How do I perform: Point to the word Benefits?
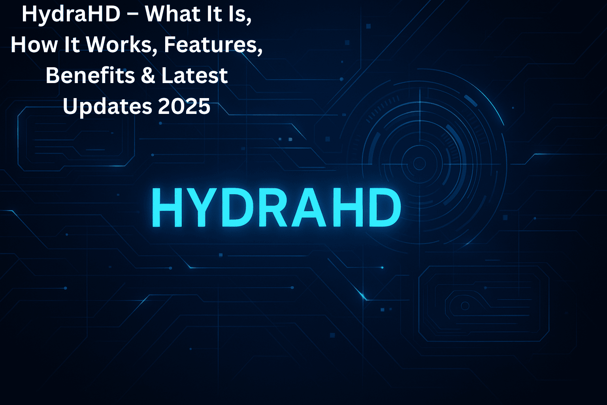coord(90,75)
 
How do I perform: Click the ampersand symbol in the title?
coord(148,76)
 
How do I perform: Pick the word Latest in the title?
coord(194,75)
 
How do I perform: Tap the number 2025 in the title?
coord(184,106)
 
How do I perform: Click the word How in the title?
coord(34,44)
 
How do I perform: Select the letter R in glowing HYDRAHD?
coord(271,207)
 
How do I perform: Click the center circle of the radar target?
coord(419,164)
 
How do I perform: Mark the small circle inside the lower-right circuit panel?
coord(465,306)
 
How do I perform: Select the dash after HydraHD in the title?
coord(132,15)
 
